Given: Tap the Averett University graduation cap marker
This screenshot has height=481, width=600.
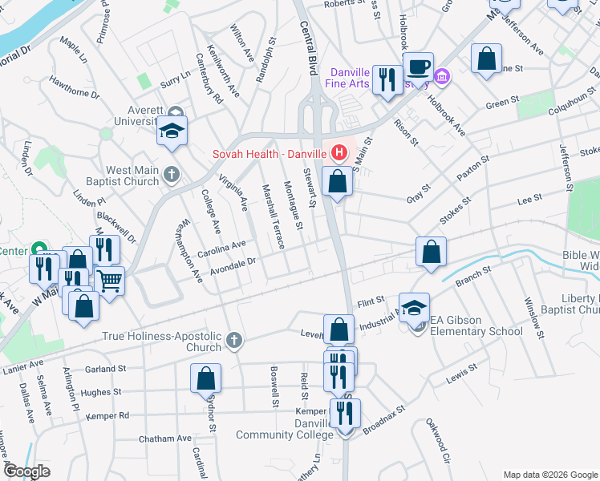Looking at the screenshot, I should tap(172, 131).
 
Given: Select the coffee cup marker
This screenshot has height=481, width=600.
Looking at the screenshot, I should tap(417, 66).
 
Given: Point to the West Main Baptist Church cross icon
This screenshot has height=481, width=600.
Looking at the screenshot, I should tap(171, 174).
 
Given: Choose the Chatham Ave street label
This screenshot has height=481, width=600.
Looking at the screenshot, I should tap(164, 439).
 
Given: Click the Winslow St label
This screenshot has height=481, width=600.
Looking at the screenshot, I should tap(533, 313).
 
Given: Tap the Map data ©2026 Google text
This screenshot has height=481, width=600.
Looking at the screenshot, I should tap(550, 475).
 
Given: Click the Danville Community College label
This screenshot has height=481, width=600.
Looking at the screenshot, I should tap(285, 429).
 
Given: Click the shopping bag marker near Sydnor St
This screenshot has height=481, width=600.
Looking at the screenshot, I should tap(206, 378).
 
